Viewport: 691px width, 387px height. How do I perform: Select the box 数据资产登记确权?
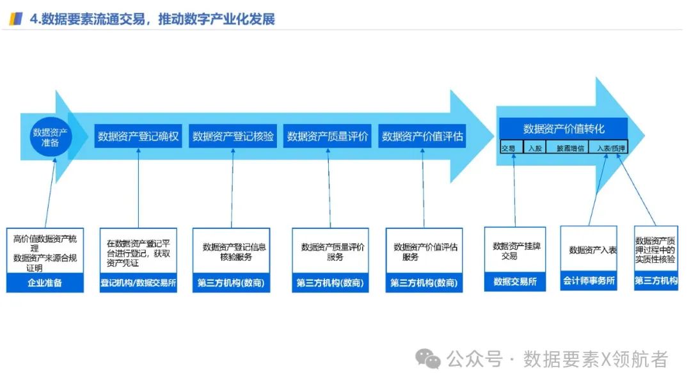click(x=138, y=136)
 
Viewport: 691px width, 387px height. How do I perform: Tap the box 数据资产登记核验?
click(x=233, y=136)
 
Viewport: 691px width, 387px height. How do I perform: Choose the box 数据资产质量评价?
click(x=328, y=136)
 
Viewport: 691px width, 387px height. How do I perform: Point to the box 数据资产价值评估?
click(x=422, y=136)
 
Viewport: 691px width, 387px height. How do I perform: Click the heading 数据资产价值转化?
click(x=563, y=129)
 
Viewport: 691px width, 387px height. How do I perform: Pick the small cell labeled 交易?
click(x=509, y=148)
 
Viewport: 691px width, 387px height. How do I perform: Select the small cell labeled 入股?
click(x=534, y=148)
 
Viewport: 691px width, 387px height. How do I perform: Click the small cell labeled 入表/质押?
click(x=608, y=148)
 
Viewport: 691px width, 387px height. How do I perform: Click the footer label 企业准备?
click(x=45, y=283)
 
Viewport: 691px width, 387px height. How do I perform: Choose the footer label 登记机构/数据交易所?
click(x=138, y=283)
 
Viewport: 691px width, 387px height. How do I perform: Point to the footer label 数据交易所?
click(x=515, y=281)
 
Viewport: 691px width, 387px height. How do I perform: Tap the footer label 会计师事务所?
click(x=589, y=281)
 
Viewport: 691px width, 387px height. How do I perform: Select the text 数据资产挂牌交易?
click(x=515, y=251)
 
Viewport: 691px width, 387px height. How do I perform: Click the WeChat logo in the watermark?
click(x=428, y=359)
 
